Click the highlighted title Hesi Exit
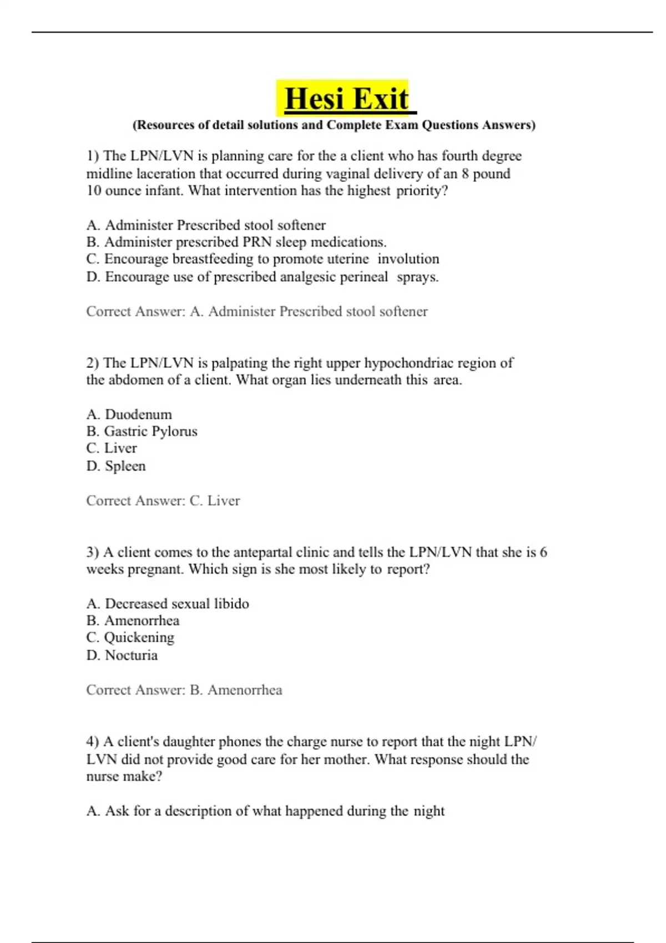346,99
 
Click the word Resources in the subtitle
165,125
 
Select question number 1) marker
93,156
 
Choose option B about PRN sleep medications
236,242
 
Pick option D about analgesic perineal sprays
262,277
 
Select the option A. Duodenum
129,414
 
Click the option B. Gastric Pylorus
142,432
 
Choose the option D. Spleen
116,466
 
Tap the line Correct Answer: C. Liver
163,500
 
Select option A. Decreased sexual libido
168,604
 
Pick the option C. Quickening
130,638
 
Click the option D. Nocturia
122,656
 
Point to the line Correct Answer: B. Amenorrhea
184,690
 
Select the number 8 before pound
465,174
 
